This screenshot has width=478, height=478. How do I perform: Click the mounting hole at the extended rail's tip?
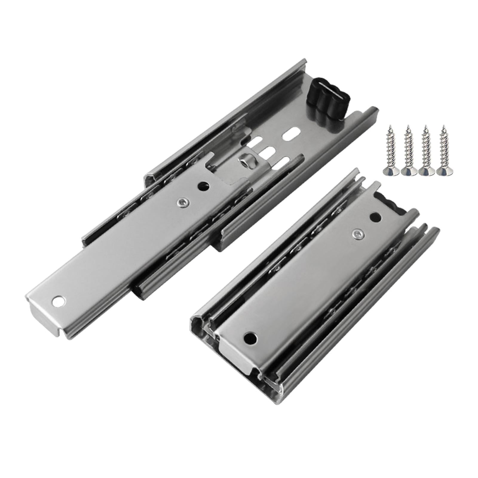(58, 301)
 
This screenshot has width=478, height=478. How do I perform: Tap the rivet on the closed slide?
(356, 235)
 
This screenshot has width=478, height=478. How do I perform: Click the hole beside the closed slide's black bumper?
(375, 217)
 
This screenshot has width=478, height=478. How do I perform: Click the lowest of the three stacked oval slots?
(281, 163)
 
